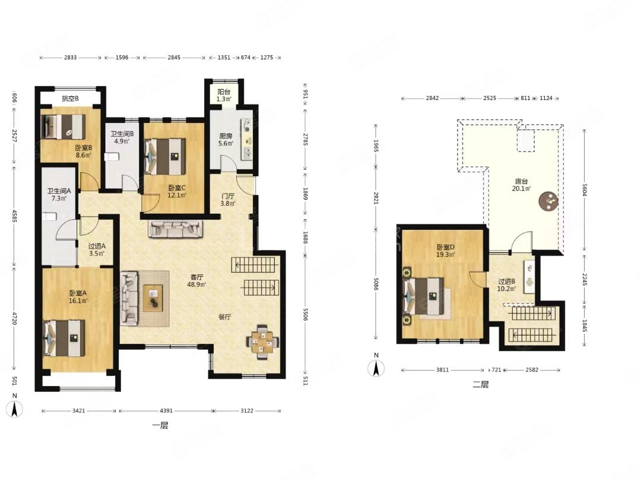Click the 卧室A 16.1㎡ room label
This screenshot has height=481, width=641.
[x=78, y=297]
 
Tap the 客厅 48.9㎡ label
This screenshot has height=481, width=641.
[x=196, y=281]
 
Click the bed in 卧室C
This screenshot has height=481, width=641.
[x=166, y=156]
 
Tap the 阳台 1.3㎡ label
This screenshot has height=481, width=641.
[x=224, y=95]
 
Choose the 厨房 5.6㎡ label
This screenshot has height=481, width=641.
[x=226, y=140]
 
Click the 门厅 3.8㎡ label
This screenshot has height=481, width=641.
[x=228, y=200]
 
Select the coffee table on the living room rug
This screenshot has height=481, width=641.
[x=153, y=298]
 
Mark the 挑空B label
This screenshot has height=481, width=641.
[x=70, y=99]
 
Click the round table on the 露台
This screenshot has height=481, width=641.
[x=548, y=201]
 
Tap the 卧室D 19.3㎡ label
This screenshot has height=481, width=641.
[x=446, y=251]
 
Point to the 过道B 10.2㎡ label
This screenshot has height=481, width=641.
[x=506, y=285]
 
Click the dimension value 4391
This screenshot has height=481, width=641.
[x=166, y=411]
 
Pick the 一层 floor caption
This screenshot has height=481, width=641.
[x=160, y=426]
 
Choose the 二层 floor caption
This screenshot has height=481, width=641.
[x=480, y=384]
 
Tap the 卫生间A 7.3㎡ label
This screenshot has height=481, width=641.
[x=59, y=194]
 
